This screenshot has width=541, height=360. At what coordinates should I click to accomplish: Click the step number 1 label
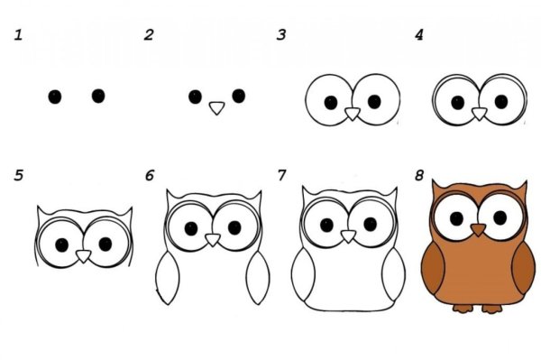18,35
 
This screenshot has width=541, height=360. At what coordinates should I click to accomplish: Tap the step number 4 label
419,35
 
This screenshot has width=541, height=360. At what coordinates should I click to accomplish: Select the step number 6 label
150,175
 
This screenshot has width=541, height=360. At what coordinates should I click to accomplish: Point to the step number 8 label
419,175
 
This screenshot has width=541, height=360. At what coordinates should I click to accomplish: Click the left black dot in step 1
55,97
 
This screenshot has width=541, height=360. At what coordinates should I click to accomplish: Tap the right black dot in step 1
98,96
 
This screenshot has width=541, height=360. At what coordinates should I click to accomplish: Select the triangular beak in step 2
217,107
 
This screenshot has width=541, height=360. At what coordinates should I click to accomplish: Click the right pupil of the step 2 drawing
239,96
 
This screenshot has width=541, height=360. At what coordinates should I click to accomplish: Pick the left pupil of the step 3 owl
331,103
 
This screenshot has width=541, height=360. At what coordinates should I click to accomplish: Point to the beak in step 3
353,114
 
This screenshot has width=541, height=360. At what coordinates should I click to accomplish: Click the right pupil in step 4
501,101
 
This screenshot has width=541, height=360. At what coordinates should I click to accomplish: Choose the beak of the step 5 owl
83,256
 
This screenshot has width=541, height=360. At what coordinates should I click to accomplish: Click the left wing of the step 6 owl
168,278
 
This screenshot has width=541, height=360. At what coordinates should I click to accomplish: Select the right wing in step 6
258,278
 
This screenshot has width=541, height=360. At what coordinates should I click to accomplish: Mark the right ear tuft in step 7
392,194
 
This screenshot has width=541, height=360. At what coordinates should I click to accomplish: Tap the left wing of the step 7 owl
303,274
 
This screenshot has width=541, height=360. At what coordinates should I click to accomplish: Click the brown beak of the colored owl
478,229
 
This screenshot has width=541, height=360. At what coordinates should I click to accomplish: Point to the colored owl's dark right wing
524,268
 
